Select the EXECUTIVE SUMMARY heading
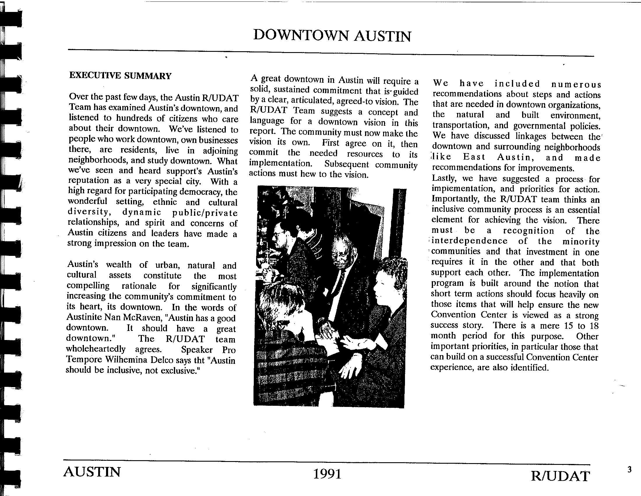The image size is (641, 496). pyautogui.click(x=120, y=76)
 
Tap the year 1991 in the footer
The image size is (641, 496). pyautogui.click(x=327, y=474)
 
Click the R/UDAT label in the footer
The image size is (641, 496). pyautogui.click(x=560, y=476)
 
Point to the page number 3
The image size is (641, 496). pyautogui.click(x=629, y=470)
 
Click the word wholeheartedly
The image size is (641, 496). pyautogui.click(x=96, y=349)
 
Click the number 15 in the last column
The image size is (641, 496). pyautogui.click(x=569, y=326)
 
